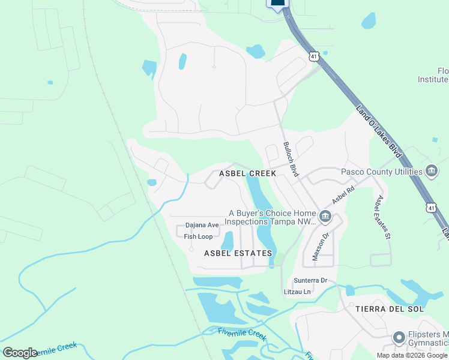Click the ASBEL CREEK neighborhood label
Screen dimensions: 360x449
247,173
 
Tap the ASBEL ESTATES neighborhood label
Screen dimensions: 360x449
238,253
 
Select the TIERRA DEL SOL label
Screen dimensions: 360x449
390,309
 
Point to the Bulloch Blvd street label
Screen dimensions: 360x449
291,159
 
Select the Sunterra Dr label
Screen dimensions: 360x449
310,281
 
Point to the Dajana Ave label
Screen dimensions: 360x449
202,225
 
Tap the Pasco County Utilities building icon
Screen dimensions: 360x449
431,172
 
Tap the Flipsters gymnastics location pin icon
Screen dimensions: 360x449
399,338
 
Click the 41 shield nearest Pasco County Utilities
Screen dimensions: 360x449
431,207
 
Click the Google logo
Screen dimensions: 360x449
20,352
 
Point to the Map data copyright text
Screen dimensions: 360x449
412,355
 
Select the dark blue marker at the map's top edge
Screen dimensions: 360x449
277,5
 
